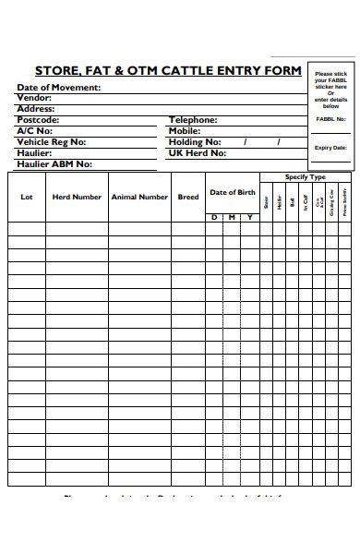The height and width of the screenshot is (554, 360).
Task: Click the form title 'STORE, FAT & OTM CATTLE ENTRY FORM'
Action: click(168, 70)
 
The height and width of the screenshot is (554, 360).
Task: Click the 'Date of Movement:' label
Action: click(59, 88)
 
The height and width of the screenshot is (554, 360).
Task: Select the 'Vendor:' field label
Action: click(34, 98)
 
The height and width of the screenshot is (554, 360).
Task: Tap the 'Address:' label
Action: click(36, 109)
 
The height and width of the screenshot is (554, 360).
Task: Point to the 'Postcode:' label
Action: click(38, 120)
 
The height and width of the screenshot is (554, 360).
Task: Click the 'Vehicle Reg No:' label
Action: click(52, 142)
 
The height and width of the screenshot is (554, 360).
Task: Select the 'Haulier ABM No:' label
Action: click(54, 164)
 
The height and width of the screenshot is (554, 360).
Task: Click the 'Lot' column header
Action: click(27, 197)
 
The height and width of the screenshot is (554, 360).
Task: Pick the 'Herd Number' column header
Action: click(77, 197)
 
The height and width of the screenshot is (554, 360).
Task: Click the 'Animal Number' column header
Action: click(139, 197)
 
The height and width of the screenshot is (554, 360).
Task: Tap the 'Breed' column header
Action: click(188, 197)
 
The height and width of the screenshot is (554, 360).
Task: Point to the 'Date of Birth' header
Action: click(232, 192)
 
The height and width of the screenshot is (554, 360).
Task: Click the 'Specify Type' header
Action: click(305, 177)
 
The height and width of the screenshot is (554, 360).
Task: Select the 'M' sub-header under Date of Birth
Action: click(232, 217)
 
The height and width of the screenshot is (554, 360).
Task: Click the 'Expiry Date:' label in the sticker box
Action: click(330, 148)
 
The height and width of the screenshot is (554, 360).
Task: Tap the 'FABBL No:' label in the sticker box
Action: click(330, 118)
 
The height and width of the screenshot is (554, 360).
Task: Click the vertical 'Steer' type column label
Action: click(267, 201)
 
